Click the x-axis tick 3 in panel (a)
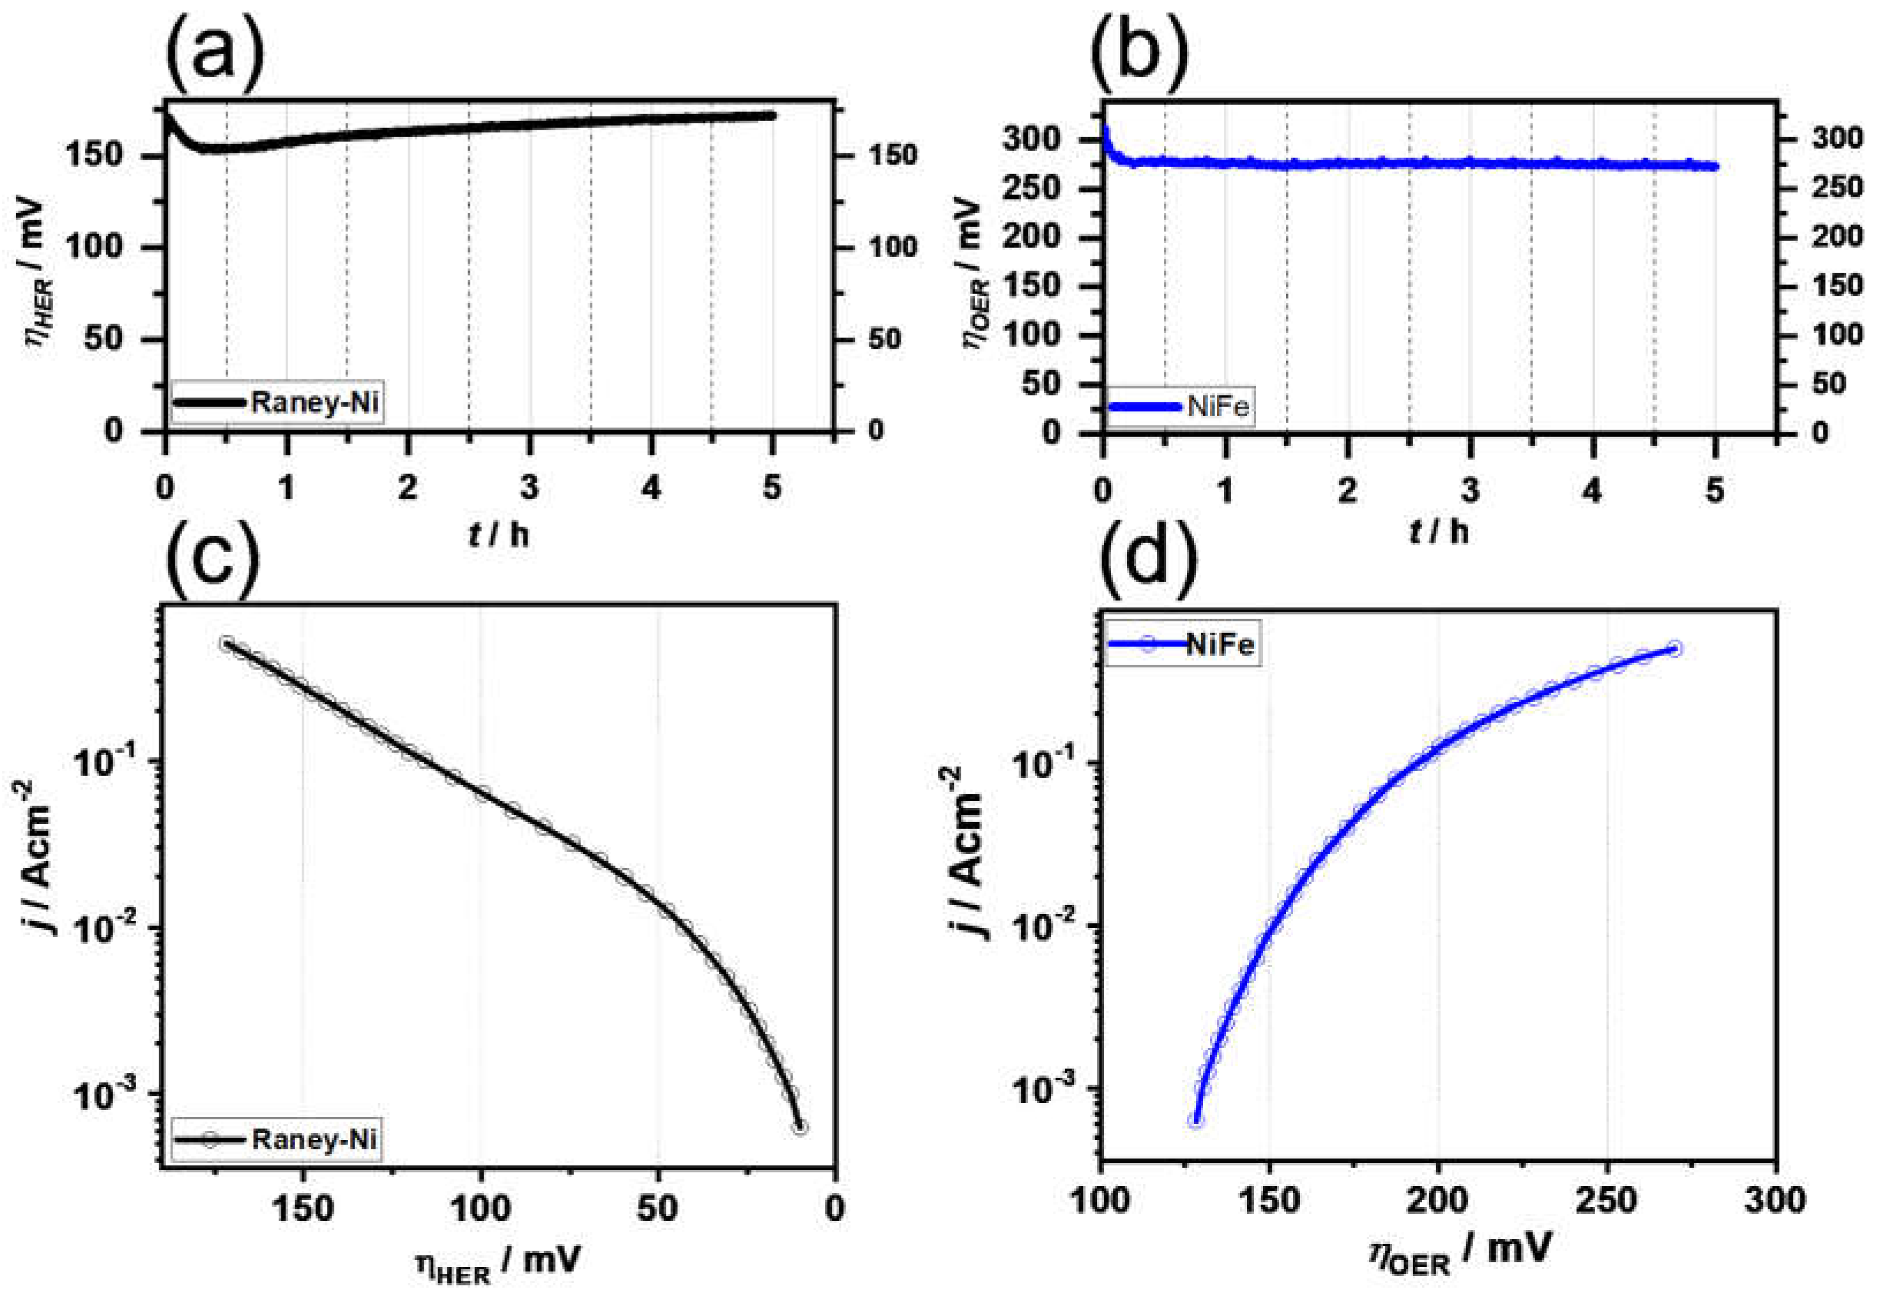click(529, 488)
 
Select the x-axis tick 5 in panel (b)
click(1714, 490)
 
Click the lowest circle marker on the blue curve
click(1196, 1120)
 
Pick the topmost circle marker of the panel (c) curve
click(227, 643)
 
